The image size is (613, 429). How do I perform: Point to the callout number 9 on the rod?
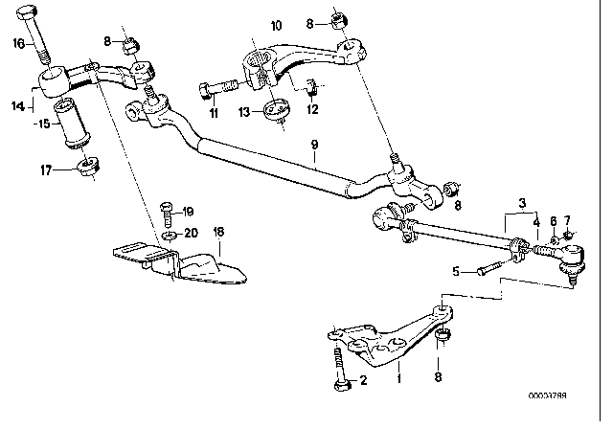312,147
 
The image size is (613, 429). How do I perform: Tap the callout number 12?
312,111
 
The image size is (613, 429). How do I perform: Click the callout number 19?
188,211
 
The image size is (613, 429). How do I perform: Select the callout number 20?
189,232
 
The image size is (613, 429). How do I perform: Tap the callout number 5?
455,271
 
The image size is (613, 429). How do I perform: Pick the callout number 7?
567,221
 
